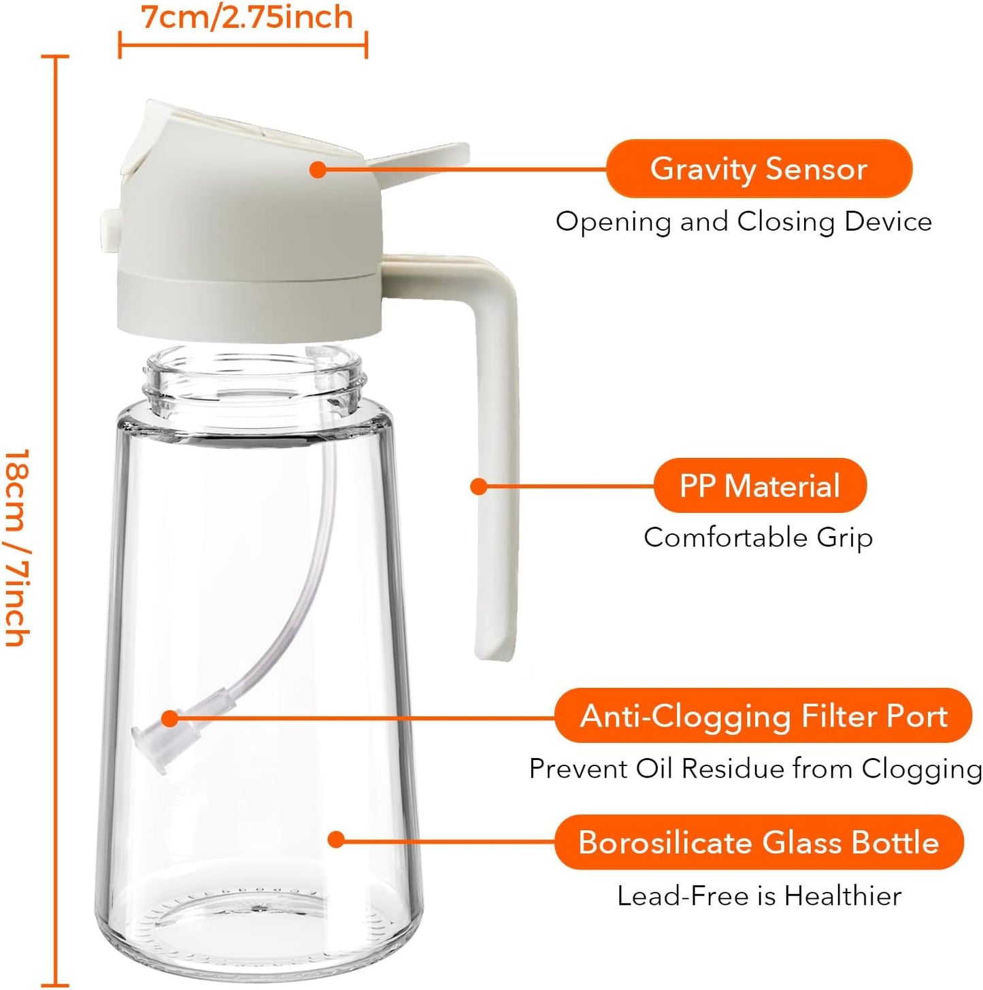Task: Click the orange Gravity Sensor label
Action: coord(759,169)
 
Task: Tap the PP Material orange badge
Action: coord(760,486)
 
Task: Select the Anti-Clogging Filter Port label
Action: coord(763,716)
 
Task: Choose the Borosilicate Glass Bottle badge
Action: coord(759,842)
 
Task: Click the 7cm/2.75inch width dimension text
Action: coord(247,17)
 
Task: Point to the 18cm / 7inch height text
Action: coord(17,547)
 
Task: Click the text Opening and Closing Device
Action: coord(744,222)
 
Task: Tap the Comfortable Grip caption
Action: coord(758,538)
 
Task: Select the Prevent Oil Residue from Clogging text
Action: coord(755,769)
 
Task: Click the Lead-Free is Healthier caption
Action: coord(759,896)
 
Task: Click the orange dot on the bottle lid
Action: coord(317,169)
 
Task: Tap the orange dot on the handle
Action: coord(479,486)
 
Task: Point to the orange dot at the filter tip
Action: coord(169,719)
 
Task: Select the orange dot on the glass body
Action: coord(335,839)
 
